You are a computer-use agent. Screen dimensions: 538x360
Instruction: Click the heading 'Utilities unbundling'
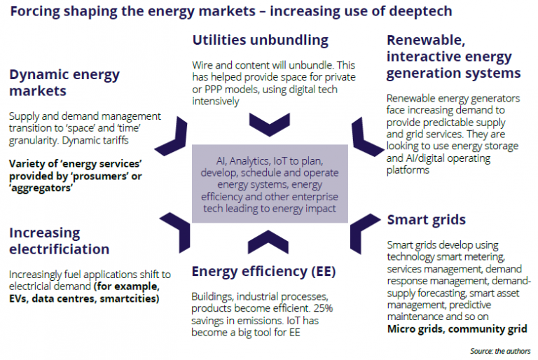[260, 40]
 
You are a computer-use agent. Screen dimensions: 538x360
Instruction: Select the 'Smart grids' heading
[426, 220]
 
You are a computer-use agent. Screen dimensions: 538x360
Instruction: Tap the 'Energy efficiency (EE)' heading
[263, 272]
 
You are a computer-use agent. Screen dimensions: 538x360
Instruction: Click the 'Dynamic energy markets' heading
[64, 83]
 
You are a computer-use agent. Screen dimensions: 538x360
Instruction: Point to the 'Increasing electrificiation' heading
[59, 240]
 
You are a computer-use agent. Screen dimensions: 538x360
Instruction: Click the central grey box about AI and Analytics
[270, 184]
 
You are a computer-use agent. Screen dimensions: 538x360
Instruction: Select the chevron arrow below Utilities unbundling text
[270, 125]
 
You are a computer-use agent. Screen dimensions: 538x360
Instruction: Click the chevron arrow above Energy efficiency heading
[268, 242]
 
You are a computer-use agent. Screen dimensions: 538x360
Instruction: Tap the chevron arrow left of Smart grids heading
[365, 234]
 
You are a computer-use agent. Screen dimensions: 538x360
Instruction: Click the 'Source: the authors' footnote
[500, 351]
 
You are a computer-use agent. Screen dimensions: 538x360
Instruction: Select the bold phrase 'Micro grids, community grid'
[457, 329]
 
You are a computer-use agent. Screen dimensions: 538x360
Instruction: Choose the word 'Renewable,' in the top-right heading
[426, 41]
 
